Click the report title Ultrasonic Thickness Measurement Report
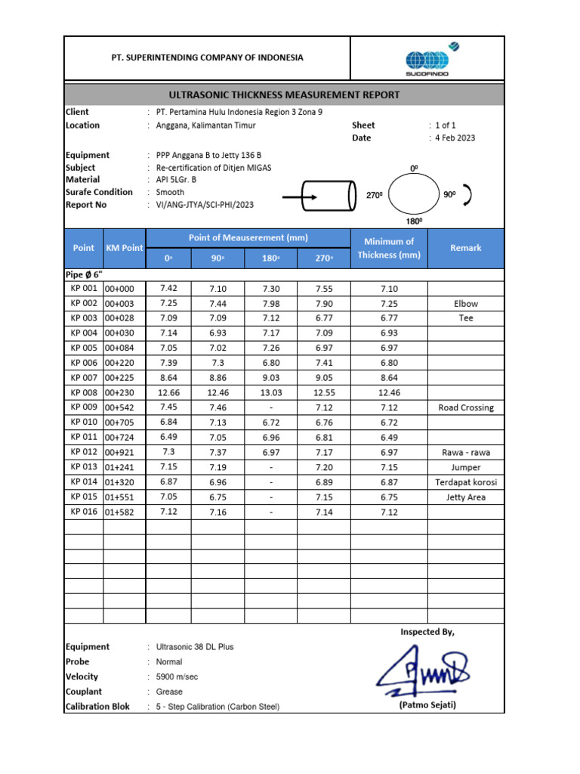pyautogui.click(x=283, y=94)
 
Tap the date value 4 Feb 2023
pyautogui.click(x=455, y=138)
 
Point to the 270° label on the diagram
pyautogui.click(x=375, y=196)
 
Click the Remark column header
pyautogui.click(x=465, y=248)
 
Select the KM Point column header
pyautogui.click(x=124, y=248)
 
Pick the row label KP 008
pyautogui.click(x=84, y=392)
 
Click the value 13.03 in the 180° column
pyautogui.click(x=270, y=392)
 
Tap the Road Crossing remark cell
pyautogui.click(x=465, y=407)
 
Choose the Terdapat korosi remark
pyautogui.click(x=465, y=482)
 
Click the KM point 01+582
pyautogui.click(x=119, y=512)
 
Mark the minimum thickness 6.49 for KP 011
pyautogui.click(x=389, y=437)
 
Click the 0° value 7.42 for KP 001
pyautogui.click(x=168, y=288)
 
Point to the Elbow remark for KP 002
pyautogui.click(x=465, y=303)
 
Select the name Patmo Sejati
pyautogui.click(x=427, y=705)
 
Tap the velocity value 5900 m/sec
pyautogui.click(x=177, y=676)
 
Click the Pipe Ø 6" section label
pyautogui.click(x=85, y=274)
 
